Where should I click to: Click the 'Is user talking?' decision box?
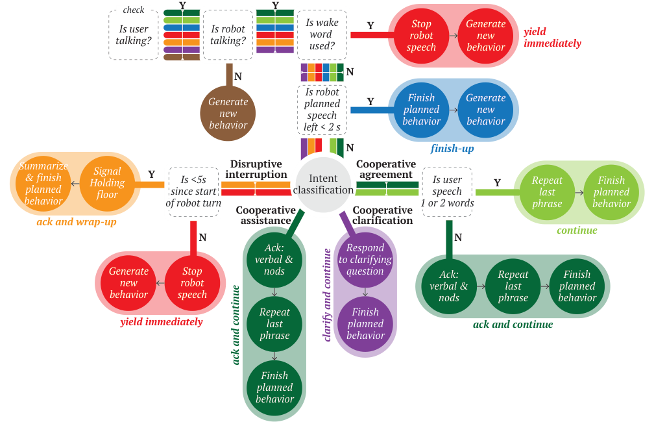pyautogui.click(x=134, y=35)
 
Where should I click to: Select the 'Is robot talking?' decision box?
pyautogui.click(x=228, y=35)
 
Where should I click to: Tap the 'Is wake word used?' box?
pyautogui.click(x=321, y=34)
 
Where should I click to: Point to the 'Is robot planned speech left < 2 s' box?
pyautogui.click(x=322, y=110)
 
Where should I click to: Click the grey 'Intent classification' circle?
pyautogui.click(x=323, y=184)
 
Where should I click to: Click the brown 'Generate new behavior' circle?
pyautogui.click(x=228, y=113)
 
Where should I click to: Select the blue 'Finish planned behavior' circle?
pyautogui.click(x=421, y=110)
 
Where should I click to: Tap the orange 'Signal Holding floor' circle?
pyautogui.click(x=108, y=184)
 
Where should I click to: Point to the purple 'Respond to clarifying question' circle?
pyautogui.click(x=365, y=260)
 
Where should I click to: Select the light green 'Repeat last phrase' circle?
pyautogui.click(x=547, y=192)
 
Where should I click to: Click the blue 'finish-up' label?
pyautogui.click(x=452, y=149)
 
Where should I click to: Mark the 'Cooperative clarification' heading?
pyautogui.click(x=383, y=215)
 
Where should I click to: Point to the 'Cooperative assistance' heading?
pyautogui.click(x=265, y=216)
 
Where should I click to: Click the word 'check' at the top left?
pyautogui.click(x=133, y=10)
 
